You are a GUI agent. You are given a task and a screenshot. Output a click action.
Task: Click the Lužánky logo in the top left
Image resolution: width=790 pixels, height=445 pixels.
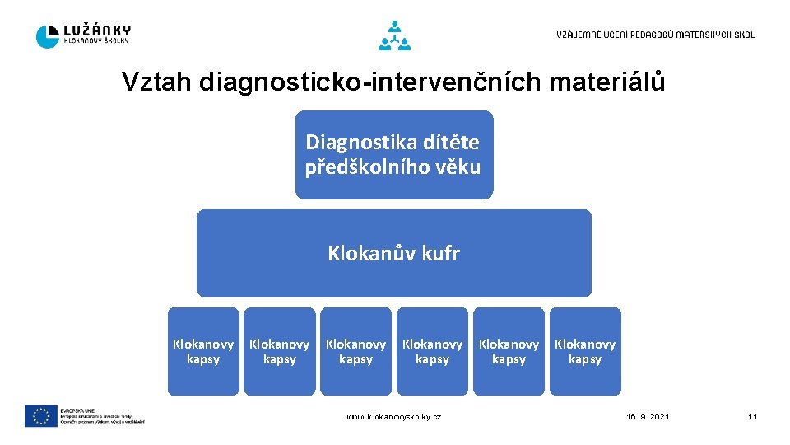pos(83,35)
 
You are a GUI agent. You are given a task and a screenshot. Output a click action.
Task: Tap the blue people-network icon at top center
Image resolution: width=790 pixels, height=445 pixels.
pos(394,35)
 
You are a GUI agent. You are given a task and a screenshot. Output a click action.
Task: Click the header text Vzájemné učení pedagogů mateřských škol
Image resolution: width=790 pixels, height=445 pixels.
pos(655,35)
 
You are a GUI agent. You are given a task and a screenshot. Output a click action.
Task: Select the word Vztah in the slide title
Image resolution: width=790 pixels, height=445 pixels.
pos(156,82)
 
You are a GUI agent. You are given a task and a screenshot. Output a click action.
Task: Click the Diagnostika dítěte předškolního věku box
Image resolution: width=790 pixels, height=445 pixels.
pos(394,155)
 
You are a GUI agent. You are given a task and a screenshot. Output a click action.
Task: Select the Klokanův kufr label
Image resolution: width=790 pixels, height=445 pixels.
pos(394,253)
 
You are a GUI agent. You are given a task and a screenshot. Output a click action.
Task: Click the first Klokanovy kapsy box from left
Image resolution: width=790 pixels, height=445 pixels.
pos(203,352)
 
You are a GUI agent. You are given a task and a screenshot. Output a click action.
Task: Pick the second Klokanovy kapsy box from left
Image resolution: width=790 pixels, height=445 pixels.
pos(280,352)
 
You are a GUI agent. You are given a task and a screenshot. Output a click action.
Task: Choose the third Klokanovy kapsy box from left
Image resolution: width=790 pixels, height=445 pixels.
pos(356,352)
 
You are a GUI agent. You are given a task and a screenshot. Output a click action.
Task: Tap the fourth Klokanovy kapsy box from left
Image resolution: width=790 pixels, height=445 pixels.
pos(433,352)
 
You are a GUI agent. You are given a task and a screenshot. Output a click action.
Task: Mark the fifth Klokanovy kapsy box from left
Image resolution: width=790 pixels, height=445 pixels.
pos(509,352)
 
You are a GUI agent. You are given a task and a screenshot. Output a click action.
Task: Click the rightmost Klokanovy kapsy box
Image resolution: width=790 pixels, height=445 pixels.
pos(585,352)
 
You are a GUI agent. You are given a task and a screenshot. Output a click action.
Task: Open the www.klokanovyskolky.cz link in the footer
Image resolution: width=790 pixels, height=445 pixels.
pos(394,417)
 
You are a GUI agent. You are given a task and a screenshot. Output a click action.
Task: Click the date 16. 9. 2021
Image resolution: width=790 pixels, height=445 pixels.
pos(648,417)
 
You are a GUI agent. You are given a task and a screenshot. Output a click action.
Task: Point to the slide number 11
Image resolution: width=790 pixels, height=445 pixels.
pos(752,417)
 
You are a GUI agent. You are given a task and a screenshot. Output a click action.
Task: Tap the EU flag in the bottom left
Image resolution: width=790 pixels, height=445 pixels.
pos(40,416)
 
